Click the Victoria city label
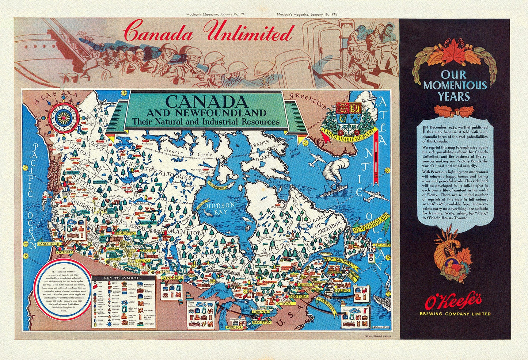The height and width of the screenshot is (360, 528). pos(64,252)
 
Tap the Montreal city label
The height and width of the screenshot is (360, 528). pos(299,296)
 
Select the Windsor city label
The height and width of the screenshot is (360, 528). pos(234,328)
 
